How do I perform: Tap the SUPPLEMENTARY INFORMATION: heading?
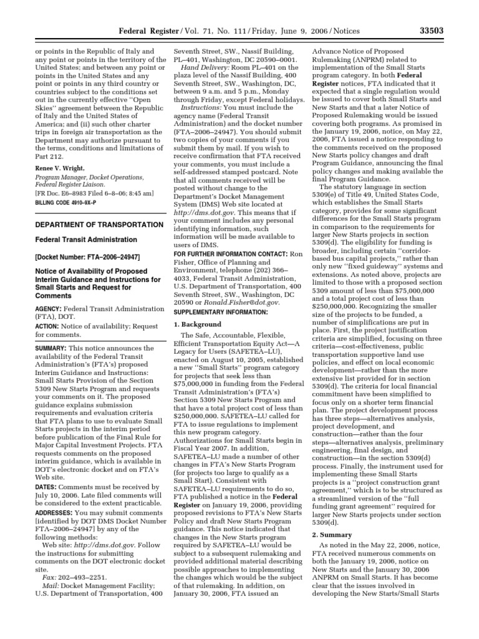[215, 311]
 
